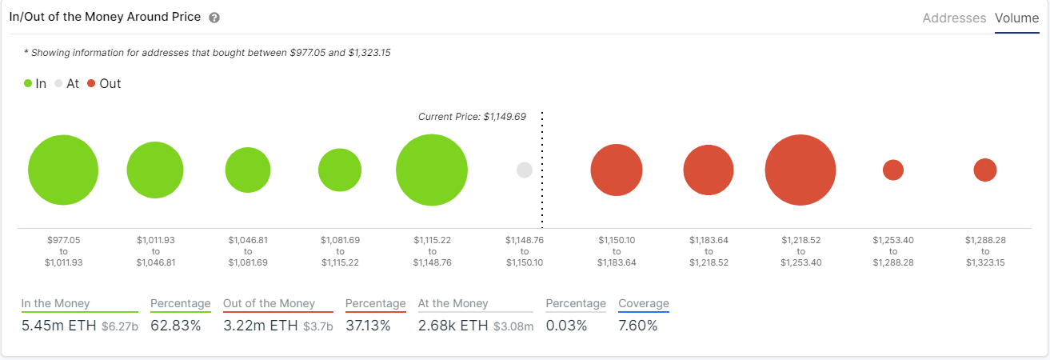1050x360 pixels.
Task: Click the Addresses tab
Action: point(954,18)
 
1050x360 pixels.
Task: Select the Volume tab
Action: point(1016,18)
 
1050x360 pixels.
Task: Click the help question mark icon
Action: point(214,18)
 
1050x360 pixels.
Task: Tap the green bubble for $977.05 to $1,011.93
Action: point(63,170)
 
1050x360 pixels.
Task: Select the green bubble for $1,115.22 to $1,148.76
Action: point(432,170)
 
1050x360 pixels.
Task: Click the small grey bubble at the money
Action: point(525,170)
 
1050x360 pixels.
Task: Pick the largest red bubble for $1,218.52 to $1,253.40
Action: point(800,170)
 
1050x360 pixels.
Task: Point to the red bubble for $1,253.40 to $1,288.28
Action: point(893,170)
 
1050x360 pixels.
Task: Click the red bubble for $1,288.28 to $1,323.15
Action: point(985,170)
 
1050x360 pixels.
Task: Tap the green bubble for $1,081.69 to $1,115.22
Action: point(340,170)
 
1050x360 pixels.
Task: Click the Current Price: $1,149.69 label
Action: point(472,117)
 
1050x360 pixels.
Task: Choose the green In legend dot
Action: point(28,83)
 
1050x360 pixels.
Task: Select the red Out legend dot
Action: point(91,83)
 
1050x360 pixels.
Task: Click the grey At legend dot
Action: point(58,83)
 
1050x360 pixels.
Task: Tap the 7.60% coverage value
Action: point(637,326)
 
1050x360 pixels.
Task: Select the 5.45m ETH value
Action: point(58,326)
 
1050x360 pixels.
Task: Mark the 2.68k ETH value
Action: point(453,326)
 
